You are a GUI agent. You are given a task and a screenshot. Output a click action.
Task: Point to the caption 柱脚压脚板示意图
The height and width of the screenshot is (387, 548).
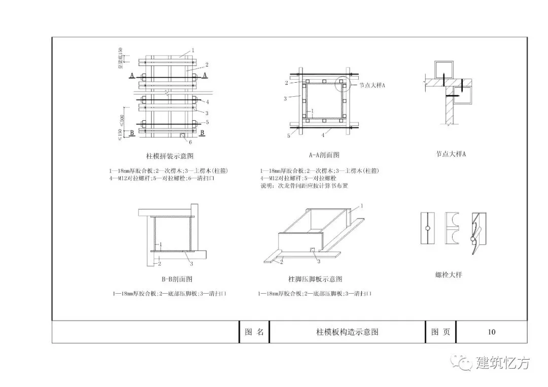point(315,279)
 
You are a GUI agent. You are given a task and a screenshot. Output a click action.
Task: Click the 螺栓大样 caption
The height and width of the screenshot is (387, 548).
point(448,275)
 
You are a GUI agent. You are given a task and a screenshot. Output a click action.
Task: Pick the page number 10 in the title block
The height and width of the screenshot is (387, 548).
point(491,332)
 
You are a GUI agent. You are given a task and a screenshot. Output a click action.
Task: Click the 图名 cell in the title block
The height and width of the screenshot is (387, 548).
point(254,332)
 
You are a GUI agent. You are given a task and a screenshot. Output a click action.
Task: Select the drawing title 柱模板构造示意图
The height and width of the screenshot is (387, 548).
point(347,332)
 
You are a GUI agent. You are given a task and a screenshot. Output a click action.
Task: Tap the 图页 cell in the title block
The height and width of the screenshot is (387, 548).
point(440,332)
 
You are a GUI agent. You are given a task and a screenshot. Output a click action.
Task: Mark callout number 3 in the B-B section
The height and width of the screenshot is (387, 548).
point(191,263)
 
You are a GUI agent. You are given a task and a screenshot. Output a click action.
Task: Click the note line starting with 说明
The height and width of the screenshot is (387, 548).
point(303,186)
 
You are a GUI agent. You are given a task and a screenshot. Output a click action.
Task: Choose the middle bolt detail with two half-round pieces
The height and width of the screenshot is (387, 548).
point(451,228)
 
